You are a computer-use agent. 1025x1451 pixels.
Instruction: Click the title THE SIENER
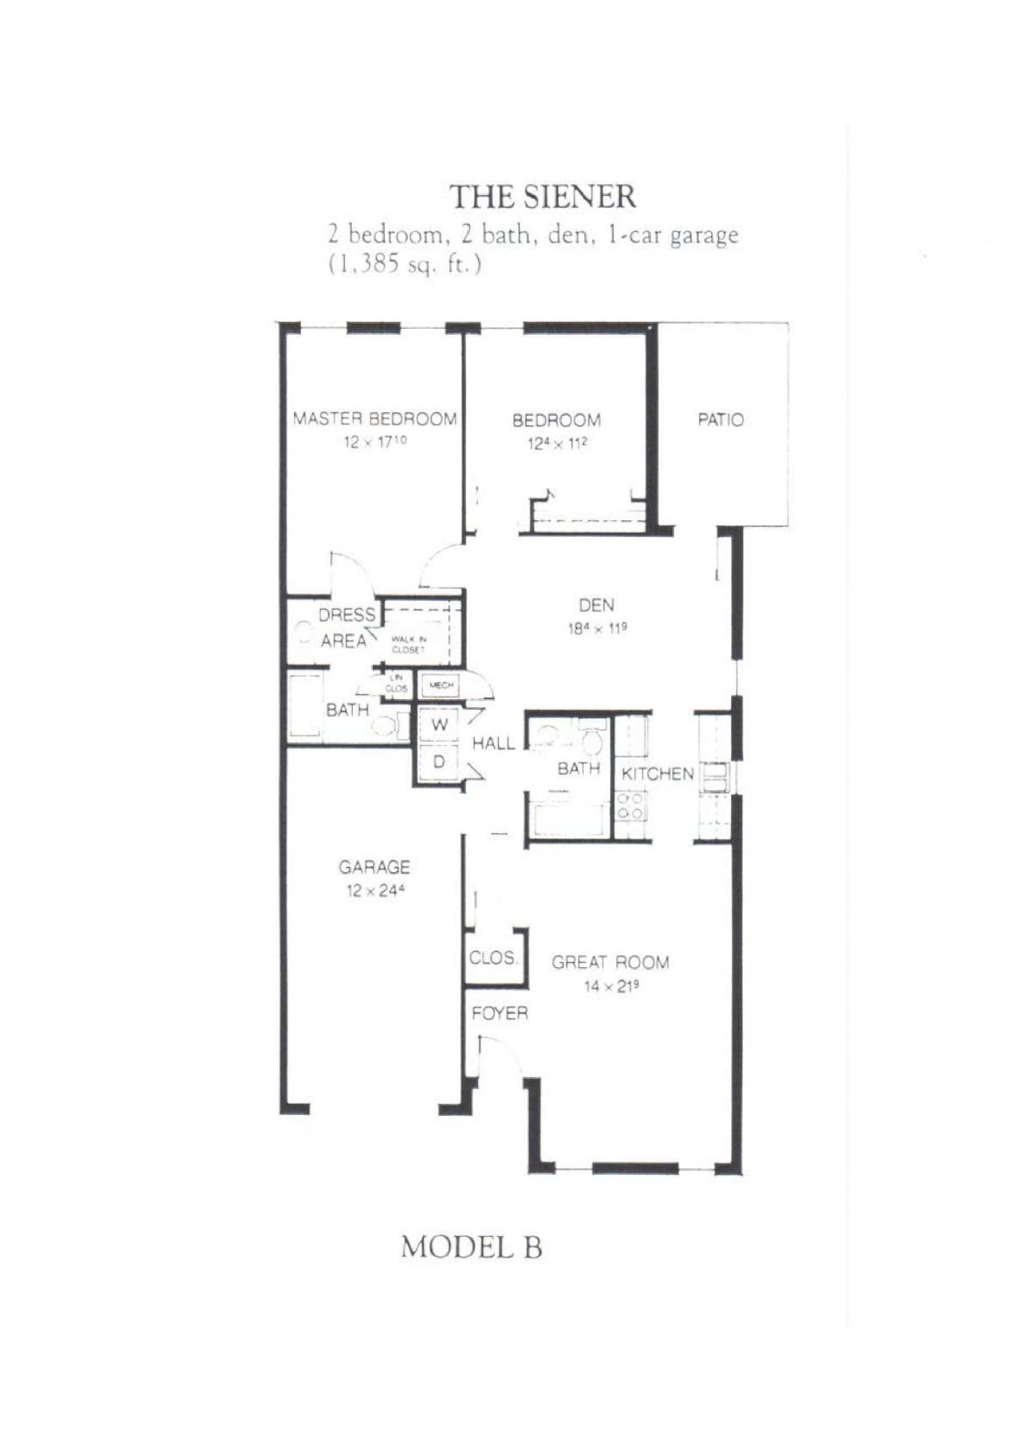(x=543, y=197)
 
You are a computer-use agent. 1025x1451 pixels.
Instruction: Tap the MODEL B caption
(x=471, y=1247)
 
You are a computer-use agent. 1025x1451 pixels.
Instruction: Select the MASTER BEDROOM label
(x=375, y=419)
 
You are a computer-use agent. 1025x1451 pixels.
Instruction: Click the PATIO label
(x=720, y=420)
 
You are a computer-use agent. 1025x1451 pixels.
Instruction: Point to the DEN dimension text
(x=597, y=628)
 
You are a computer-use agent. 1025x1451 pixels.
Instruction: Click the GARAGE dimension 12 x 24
(x=375, y=891)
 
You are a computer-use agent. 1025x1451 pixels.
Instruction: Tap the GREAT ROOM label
(x=610, y=962)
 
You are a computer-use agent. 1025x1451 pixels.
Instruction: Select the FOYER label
(x=499, y=1013)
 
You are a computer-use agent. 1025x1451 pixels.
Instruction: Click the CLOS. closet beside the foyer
(x=493, y=958)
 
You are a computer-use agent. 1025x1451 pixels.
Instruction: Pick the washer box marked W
(x=439, y=725)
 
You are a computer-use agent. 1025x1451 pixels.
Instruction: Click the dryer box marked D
(x=438, y=762)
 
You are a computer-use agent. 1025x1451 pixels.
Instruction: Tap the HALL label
(x=493, y=743)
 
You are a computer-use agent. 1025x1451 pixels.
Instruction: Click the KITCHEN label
(x=657, y=774)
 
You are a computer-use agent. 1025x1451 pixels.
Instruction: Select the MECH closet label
(x=441, y=685)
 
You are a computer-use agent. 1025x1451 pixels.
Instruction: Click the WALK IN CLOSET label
(x=408, y=644)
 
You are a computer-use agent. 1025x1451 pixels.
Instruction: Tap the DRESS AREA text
(x=345, y=627)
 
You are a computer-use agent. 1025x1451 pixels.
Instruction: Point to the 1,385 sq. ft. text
(x=404, y=264)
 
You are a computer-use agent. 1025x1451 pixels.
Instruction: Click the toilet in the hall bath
(x=591, y=741)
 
